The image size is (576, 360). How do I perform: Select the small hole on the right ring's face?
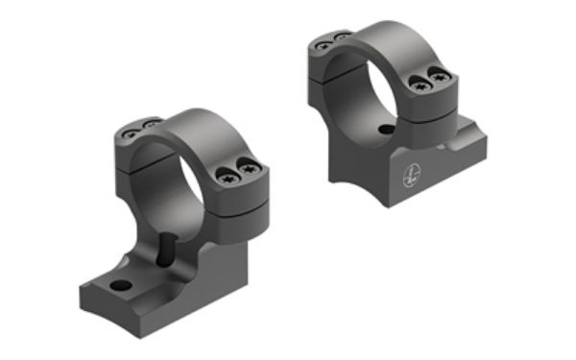[385, 129]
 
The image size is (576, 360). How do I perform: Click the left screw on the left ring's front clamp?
[227, 175]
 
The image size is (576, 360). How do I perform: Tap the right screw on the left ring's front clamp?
[247, 171]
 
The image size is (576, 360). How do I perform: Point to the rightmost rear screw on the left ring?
[150, 122]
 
